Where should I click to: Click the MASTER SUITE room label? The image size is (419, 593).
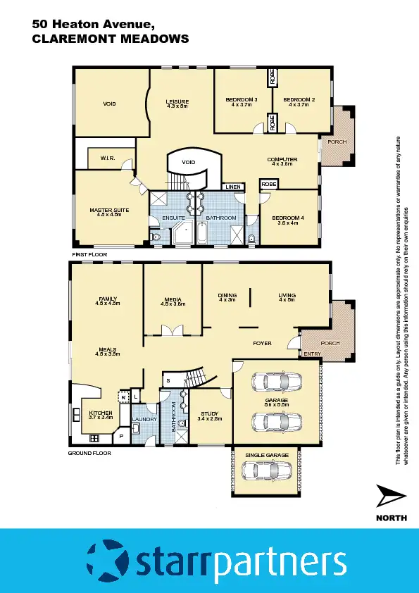pyautogui.click(x=108, y=209)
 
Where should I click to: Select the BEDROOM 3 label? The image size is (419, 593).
pyautogui.click(x=242, y=100)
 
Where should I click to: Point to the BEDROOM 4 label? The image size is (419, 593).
pyautogui.click(x=289, y=218)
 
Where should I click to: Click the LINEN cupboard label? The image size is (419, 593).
pyautogui.click(x=233, y=187)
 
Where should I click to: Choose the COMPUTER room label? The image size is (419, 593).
pyautogui.click(x=282, y=160)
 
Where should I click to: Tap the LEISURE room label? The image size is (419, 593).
pyautogui.click(x=177, y=101)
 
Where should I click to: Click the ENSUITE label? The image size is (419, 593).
pyautogui.click(x=173, y=218)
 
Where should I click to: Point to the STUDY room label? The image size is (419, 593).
pyautogui.click(x=211, y=413)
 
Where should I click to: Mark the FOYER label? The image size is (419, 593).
pyautogui.click(x=262, y=343)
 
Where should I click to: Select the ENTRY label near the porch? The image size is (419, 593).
pyautogui.click(x=311, y=354)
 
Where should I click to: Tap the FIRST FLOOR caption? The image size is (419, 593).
pyautogui.click(x=89, y=252)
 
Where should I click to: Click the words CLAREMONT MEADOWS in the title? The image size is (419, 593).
pyautogui.click(x=111, y=39)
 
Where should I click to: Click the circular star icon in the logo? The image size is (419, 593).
pyautogui.click(x=106, y=561)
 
